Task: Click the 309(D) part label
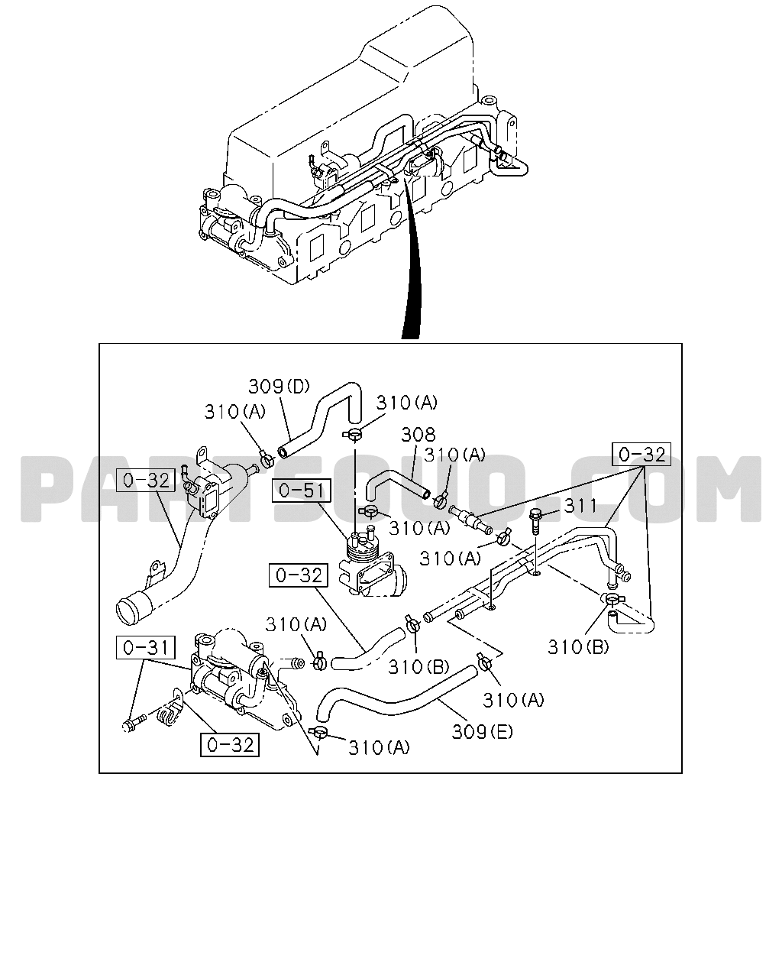click(279, 387)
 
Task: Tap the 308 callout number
click(418, 435)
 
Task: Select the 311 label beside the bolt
click(580, 506)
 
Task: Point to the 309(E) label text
click(482, 732)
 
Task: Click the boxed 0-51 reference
click(301, 491)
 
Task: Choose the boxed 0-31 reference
click(146, 647)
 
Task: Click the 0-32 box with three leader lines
click(641, 454)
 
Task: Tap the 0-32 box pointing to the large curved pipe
click(146, 481)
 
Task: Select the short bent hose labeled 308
click(396, 485)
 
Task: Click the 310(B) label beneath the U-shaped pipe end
click(578, 646)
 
